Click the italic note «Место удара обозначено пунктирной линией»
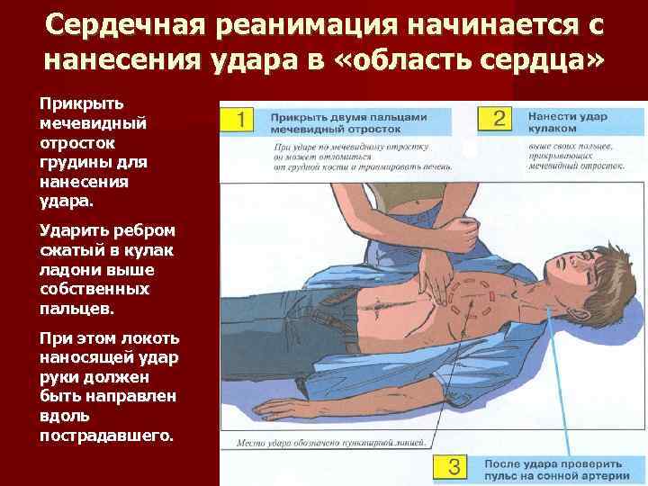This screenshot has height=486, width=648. pyautogui.click(x=332, y=442)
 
